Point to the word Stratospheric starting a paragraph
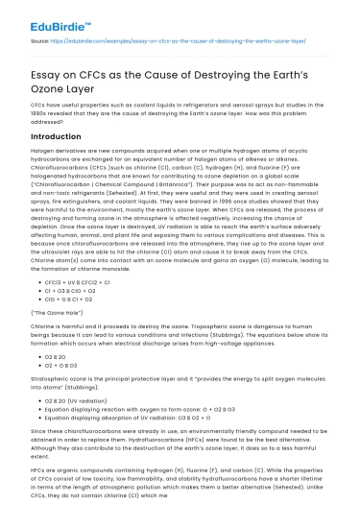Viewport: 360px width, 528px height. tap(53, 379)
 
